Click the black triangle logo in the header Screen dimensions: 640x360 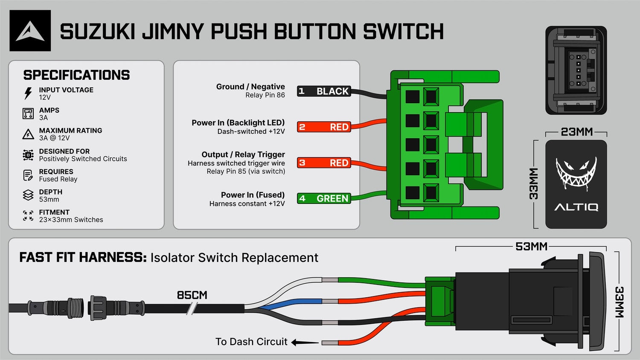click(x=30, y=31)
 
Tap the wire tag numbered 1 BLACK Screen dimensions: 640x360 click(x=324, y=91)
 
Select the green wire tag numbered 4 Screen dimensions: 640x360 click(x=324, y=198)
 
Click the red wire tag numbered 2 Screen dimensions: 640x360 click(x=324, y=127)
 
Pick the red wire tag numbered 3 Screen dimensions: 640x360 click(x=324, y=163)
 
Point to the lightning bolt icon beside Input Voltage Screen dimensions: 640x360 click(x=28, y=93)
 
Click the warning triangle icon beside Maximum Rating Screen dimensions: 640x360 click(x=28, y=134)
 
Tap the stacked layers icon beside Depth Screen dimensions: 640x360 click(x=28, y=195)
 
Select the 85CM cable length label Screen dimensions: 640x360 click(x=192, y=295)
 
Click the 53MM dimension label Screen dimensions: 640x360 click(x=531, y=246)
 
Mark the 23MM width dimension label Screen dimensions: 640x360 click(x=576, y=132)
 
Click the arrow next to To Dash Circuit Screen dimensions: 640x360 click(x=305, y=342)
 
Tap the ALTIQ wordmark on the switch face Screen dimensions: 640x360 click(x=576, y=207)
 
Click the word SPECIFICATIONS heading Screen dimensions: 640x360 click(x=76, y=75)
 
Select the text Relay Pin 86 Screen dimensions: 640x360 click(x=265, y=95)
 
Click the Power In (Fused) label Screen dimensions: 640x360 click(x=253, y=195)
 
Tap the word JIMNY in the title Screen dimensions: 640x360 click(x=173, y=31)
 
